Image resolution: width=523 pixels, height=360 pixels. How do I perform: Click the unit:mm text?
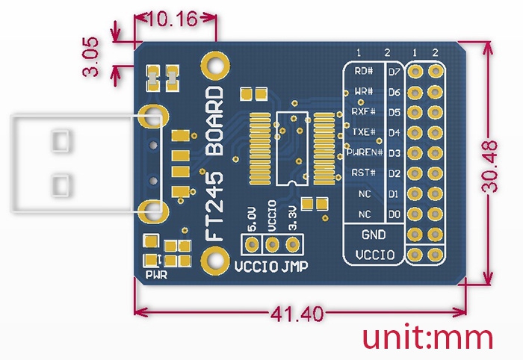(x=428, y=338)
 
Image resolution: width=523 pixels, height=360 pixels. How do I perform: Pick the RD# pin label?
(x=364, y=72)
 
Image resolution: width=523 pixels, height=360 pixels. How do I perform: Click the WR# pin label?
(x=364, y=92)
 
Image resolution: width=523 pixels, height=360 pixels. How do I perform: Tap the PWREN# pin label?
(x=364, y=152)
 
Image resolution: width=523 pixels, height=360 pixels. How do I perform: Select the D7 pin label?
(x=394, y=72)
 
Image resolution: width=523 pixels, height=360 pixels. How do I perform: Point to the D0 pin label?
(x=394, y=214)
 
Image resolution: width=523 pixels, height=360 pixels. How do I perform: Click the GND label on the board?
(x=374, y=235)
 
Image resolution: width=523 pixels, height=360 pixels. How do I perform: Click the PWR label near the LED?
(x=157, y=274)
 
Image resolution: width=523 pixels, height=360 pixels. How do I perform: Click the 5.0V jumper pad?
(x=252, y=244)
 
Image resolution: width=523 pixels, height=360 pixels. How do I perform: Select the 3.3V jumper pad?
(x=293, y=244)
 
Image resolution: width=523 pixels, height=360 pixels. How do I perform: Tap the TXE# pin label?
(x=364, y=132)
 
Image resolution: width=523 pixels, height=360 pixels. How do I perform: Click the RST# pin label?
(x=364, y=173)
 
